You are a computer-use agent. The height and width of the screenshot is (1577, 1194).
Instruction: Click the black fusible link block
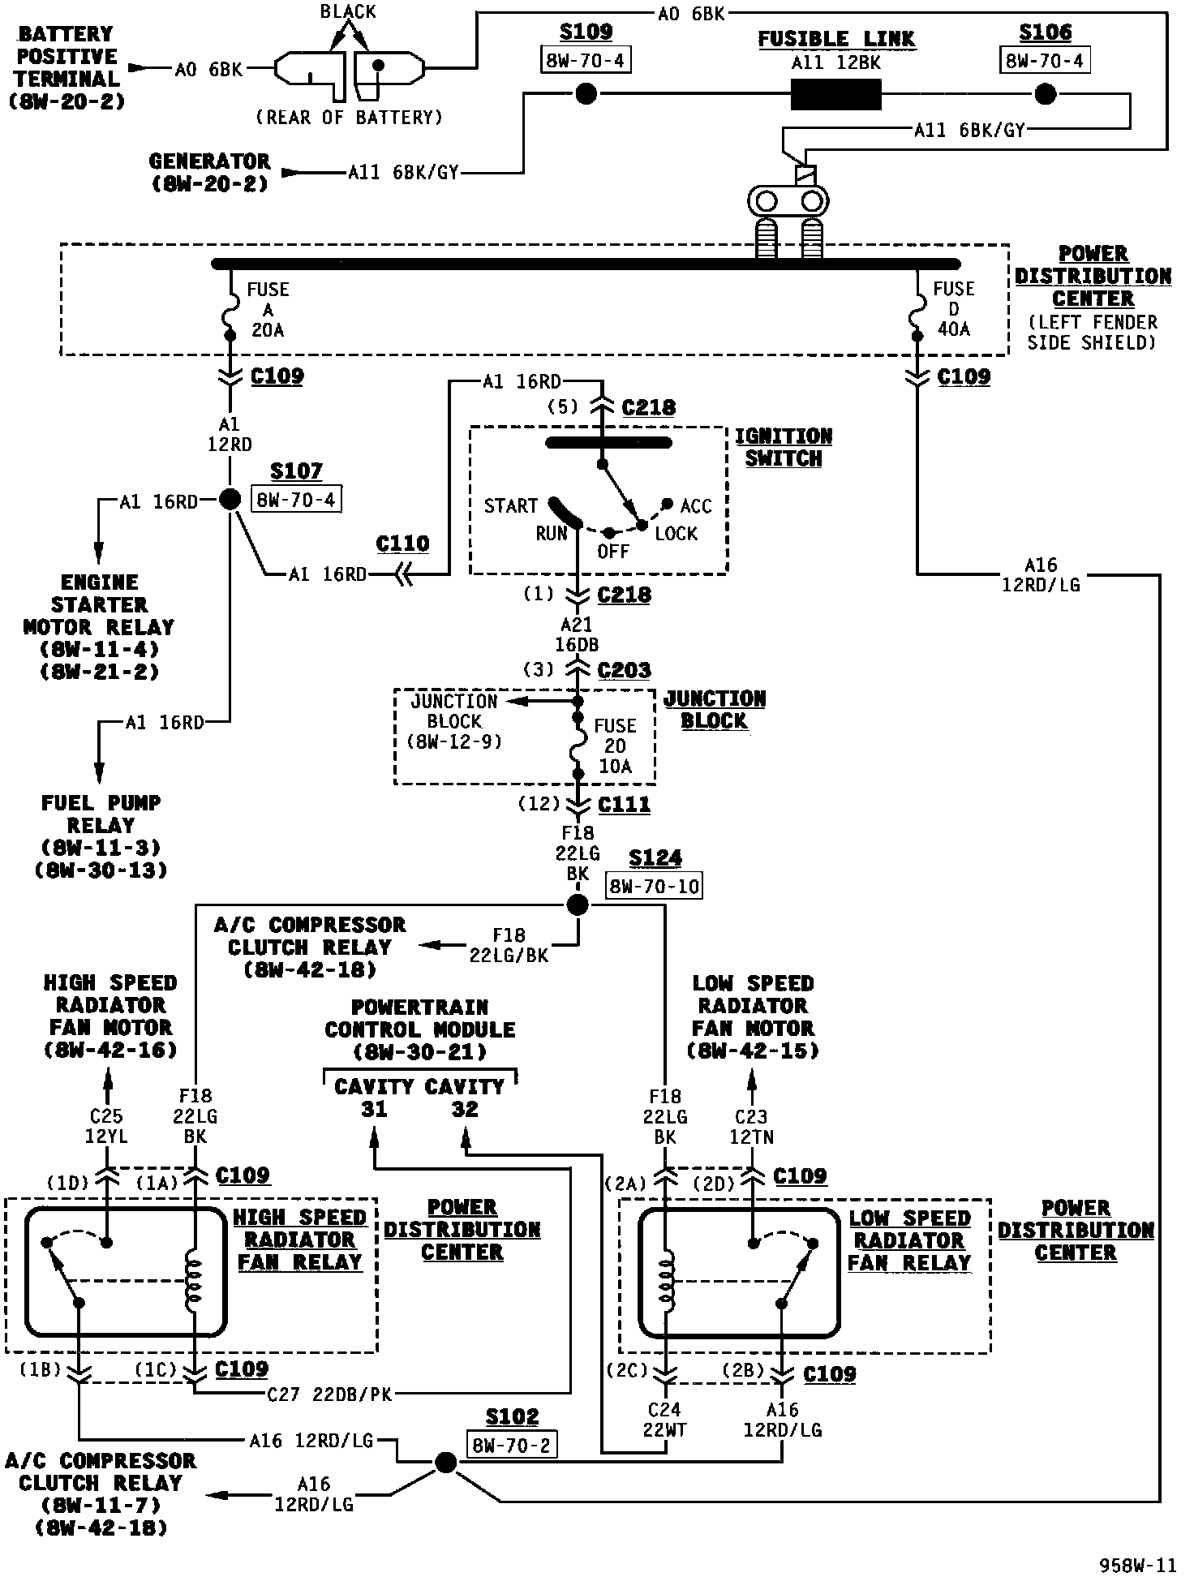[835, 95]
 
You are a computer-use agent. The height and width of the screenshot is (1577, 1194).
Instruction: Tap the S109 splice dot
[586, 95]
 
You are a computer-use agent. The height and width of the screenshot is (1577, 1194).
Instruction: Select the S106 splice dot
[1046, 95]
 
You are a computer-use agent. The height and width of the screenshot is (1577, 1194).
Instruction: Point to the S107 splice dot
[231, 500]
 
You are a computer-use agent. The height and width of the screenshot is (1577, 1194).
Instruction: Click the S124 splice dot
[577, 905]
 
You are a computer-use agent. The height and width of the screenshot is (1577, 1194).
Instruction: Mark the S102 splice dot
[445, 1463]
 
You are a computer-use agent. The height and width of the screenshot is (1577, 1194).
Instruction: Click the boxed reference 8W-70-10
[654, 886]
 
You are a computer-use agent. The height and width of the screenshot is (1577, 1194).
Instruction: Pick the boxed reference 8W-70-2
[512, 1444]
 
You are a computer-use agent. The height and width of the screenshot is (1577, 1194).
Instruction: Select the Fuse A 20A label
[268, 310]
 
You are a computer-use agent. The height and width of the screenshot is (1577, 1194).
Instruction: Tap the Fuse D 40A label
[953, 309]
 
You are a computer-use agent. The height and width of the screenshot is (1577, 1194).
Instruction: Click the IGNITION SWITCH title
[784, 447]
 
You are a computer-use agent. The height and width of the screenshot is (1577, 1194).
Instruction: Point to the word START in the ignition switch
[510, 506]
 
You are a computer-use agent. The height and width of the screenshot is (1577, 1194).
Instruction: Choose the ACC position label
[695, 507]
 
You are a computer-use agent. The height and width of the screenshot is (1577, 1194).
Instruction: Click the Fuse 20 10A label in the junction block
[615, 746]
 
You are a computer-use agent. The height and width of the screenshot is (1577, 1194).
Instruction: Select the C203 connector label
[624, 670]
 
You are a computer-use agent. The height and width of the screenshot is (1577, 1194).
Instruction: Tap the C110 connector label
[403, 544]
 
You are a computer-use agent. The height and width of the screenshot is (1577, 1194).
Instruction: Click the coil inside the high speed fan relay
[195, 1280]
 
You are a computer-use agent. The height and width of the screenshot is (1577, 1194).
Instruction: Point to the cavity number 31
[374, 1109]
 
